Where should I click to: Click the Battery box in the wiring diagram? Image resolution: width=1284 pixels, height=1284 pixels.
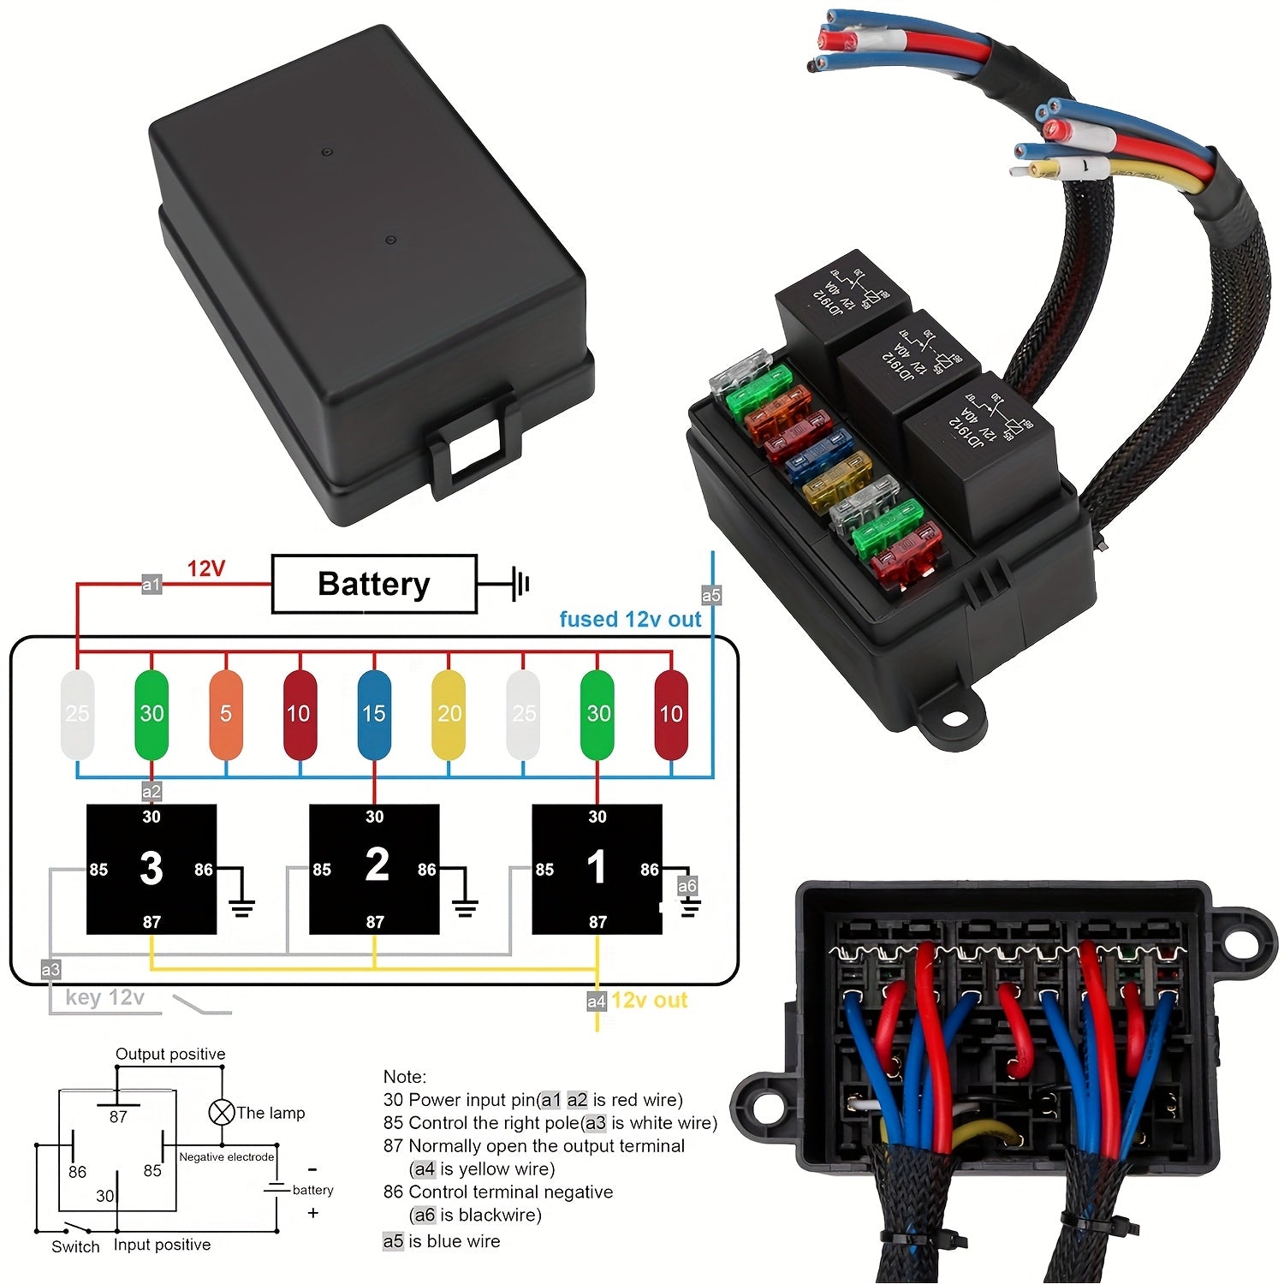(x=374, y=584)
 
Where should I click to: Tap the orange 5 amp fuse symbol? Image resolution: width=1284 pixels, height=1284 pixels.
(x=226, y=714)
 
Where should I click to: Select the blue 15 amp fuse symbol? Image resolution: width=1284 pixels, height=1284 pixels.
(x=374, y=714)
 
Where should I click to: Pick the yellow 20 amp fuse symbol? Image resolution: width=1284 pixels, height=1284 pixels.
(x=449, y=714)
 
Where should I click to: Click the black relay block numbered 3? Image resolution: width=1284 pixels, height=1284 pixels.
(x=152, y=869)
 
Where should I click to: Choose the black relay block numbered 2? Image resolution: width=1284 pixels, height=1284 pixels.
(x=374, y=869)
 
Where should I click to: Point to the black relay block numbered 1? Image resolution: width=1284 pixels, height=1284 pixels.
(x=597, y=869)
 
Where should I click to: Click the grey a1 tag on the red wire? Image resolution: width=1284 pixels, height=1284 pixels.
(x=152, y=585)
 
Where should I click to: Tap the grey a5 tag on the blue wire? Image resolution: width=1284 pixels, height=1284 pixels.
(x=711, y=595)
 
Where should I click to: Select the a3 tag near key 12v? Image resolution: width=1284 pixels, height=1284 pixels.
(x=51, y=969)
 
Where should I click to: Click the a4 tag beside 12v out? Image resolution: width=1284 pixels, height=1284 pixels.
(x=597, y=1001)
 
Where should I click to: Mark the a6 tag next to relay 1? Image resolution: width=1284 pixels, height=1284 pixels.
(x=687, y=886)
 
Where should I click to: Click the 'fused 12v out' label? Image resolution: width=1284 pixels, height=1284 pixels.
(x=630, y=619)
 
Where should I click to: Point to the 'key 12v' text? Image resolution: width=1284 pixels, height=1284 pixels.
(x=104, y=997)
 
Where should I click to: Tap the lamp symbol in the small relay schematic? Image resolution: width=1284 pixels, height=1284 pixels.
(x=222, y=1113)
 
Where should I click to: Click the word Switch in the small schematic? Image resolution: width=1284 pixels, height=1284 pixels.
(x=75, y=1246)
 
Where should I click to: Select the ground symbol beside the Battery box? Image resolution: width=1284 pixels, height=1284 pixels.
(x=518, y=585)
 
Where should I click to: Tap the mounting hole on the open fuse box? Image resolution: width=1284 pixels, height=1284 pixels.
(x=953, y=717)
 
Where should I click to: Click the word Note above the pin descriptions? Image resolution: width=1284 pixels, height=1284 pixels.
(x=404, y=1076)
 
